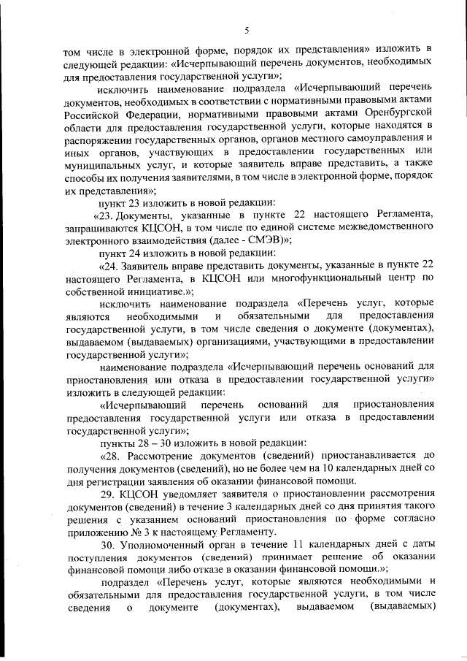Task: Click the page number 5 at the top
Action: pos(247,30)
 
